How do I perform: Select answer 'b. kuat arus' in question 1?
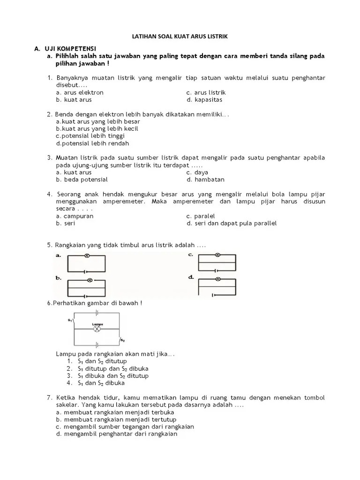pos(74,100)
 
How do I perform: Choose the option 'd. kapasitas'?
pos(204,100)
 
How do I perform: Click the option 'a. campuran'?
pos(75,216)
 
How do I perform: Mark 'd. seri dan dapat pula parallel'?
pos(232,223)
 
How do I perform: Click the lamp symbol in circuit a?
pos(87,256)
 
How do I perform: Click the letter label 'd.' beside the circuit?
pos(191,277)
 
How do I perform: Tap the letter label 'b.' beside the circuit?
pos(59,278)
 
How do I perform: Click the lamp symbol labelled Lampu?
pos(97,329)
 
